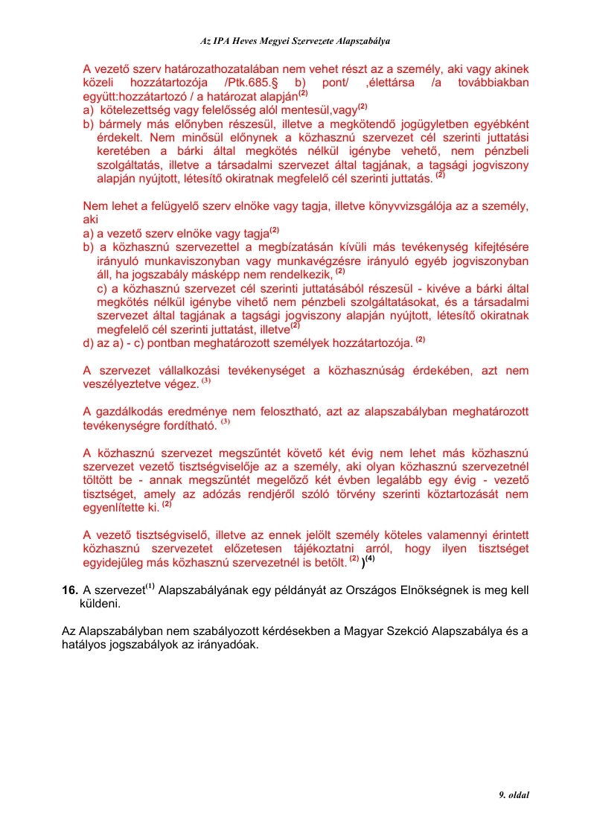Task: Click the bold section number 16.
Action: coord(70,590)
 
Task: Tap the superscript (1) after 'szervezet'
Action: coord(149,587)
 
